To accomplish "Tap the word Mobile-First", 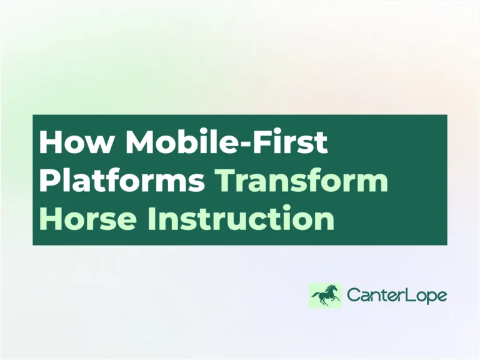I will click(226, 144).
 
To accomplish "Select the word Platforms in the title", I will click(122, 181).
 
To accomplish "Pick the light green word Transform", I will click(302, 181).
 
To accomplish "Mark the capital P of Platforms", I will click(48, 181).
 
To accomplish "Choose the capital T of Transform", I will click(225, 181).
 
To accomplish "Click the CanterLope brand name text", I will click(397, 296).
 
